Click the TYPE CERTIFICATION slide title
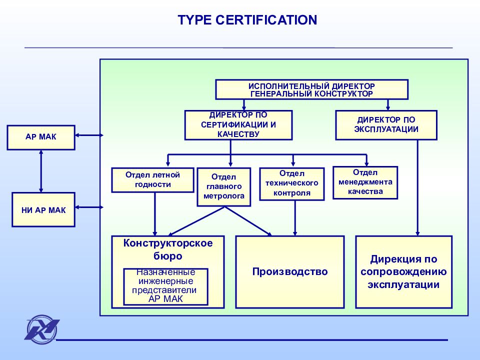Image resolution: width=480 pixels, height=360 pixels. [x=247, y=20]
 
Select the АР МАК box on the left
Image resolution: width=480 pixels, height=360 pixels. [x=41, y=137]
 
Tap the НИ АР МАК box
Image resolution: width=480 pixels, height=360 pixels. [x=43, y=209]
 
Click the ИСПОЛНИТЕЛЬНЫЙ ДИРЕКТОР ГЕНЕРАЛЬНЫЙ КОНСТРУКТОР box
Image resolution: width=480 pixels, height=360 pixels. [x=311, y=89]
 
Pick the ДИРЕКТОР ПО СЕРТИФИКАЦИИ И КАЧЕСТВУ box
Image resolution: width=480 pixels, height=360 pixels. [x=238, y=125]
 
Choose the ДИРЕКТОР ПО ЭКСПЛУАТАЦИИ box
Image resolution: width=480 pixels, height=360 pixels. [x=386, y=125]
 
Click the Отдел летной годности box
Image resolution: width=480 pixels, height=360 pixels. [x=153, y=180]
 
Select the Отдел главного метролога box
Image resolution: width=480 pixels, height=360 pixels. [x=224, y=186]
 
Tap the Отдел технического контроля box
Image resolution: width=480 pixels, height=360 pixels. [x=291, y=184]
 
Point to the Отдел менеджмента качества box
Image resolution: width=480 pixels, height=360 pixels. [x=365, y=183]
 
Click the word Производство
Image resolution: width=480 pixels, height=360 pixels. [x=290, y=271]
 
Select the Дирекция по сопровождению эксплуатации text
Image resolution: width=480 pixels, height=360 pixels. [x=403, y=272]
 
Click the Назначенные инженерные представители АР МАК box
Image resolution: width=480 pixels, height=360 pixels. [x=165, y=287]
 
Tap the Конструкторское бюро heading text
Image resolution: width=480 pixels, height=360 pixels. [x=168, y=249]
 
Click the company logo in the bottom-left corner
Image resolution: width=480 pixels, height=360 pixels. [x=41, y=330]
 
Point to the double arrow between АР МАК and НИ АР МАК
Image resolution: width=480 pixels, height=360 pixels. [x=41, y=171]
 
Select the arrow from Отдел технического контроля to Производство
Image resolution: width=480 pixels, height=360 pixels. [x=295, y=218]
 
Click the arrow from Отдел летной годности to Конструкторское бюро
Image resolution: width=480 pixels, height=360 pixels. [x=154, y=214]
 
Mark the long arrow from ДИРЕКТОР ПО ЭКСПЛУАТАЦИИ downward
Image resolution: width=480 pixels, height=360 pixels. [x=417, y=188]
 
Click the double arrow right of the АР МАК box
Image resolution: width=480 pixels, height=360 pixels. [x=89, y=135]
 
